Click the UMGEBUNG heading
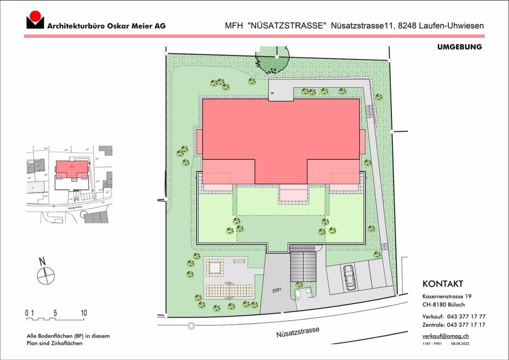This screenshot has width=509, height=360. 459,47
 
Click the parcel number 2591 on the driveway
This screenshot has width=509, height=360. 276,291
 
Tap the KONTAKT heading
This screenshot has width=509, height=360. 443,284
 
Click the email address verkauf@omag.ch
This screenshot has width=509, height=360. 446,336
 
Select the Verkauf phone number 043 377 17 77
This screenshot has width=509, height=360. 465,316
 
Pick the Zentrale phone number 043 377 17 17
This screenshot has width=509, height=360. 465,325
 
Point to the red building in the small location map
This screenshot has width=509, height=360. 72,169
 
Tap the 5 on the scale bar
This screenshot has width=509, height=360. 55,313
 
